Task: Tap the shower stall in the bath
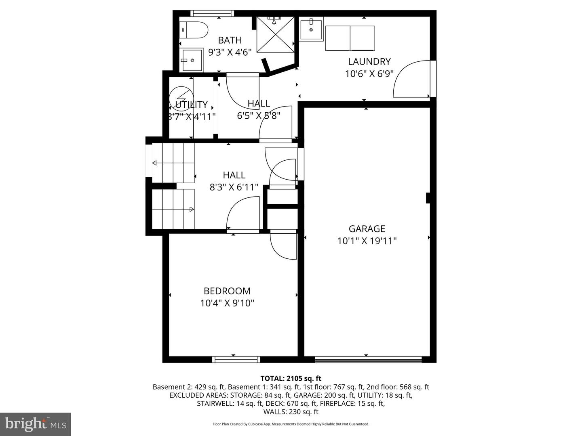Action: pyautogui.click(x=276, y=34)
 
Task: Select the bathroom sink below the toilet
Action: pyautogui.click(x=192, y=60)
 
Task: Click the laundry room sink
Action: pyautogui.click(x=311, y=29)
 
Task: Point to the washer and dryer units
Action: pyautogui.click(x=350, y=38)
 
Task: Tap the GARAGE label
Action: pyautogui.click(x=367, y=229)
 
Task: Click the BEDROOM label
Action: pyautogui.click(x=227, y=291)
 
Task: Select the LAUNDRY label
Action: pyautogui.click(x=369, y=62)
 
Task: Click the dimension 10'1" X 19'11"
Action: pyautogui.click(x=367, y=241)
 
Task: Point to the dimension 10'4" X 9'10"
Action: pyautogui.click(x=227, y=303)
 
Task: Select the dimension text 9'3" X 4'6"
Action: pyautogui.click(x=230, y=52)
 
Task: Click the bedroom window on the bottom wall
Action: pyautogui.click(x=236, y=359)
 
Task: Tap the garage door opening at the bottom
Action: pyautogui.click(x=368, y=359)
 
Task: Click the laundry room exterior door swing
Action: pyautogui.click(x=412, y=79)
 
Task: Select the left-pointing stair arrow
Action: pyautogui.click(x=155, y=163)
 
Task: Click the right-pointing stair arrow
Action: pyautogui.click(x=191, y=209)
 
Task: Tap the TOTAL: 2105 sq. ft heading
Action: pyautogui.click(x=291, y=378)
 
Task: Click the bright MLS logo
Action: pyautogui.click(x=36, y=424)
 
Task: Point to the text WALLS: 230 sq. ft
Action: pyautogui.click(x=291, y=412)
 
